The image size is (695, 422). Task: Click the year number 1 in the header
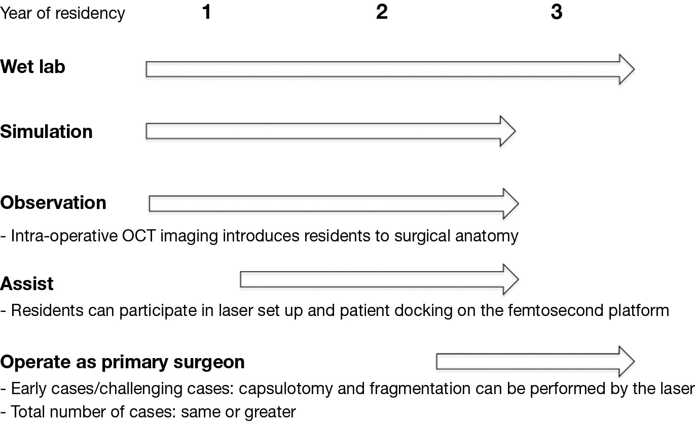(x=206, y=12)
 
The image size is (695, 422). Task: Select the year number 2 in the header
(x=382, y=12)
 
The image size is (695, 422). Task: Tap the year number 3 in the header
(x=557, y=12)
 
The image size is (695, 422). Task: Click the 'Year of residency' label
(x=62, y=13)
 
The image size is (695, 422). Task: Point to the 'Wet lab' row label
(x=33, y=67)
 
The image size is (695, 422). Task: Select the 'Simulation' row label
(x=47, y=132)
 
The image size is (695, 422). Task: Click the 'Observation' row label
(x=53, y=203)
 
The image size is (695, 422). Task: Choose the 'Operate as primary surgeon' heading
(x=123, y=362)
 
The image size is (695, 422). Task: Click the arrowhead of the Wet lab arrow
(x=627, y=69)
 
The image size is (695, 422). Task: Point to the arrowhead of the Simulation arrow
(x=507, y=131)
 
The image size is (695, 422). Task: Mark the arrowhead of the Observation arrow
(x=510, y=203)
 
